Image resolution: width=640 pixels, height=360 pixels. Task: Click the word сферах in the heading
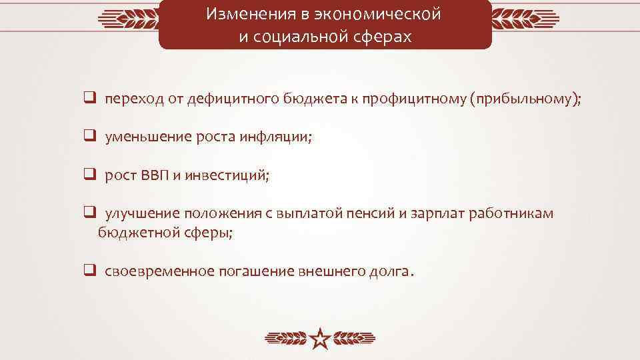point(385,37)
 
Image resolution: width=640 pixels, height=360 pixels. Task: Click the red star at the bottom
point(321,339)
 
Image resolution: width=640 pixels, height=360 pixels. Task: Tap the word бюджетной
point(134,233)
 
